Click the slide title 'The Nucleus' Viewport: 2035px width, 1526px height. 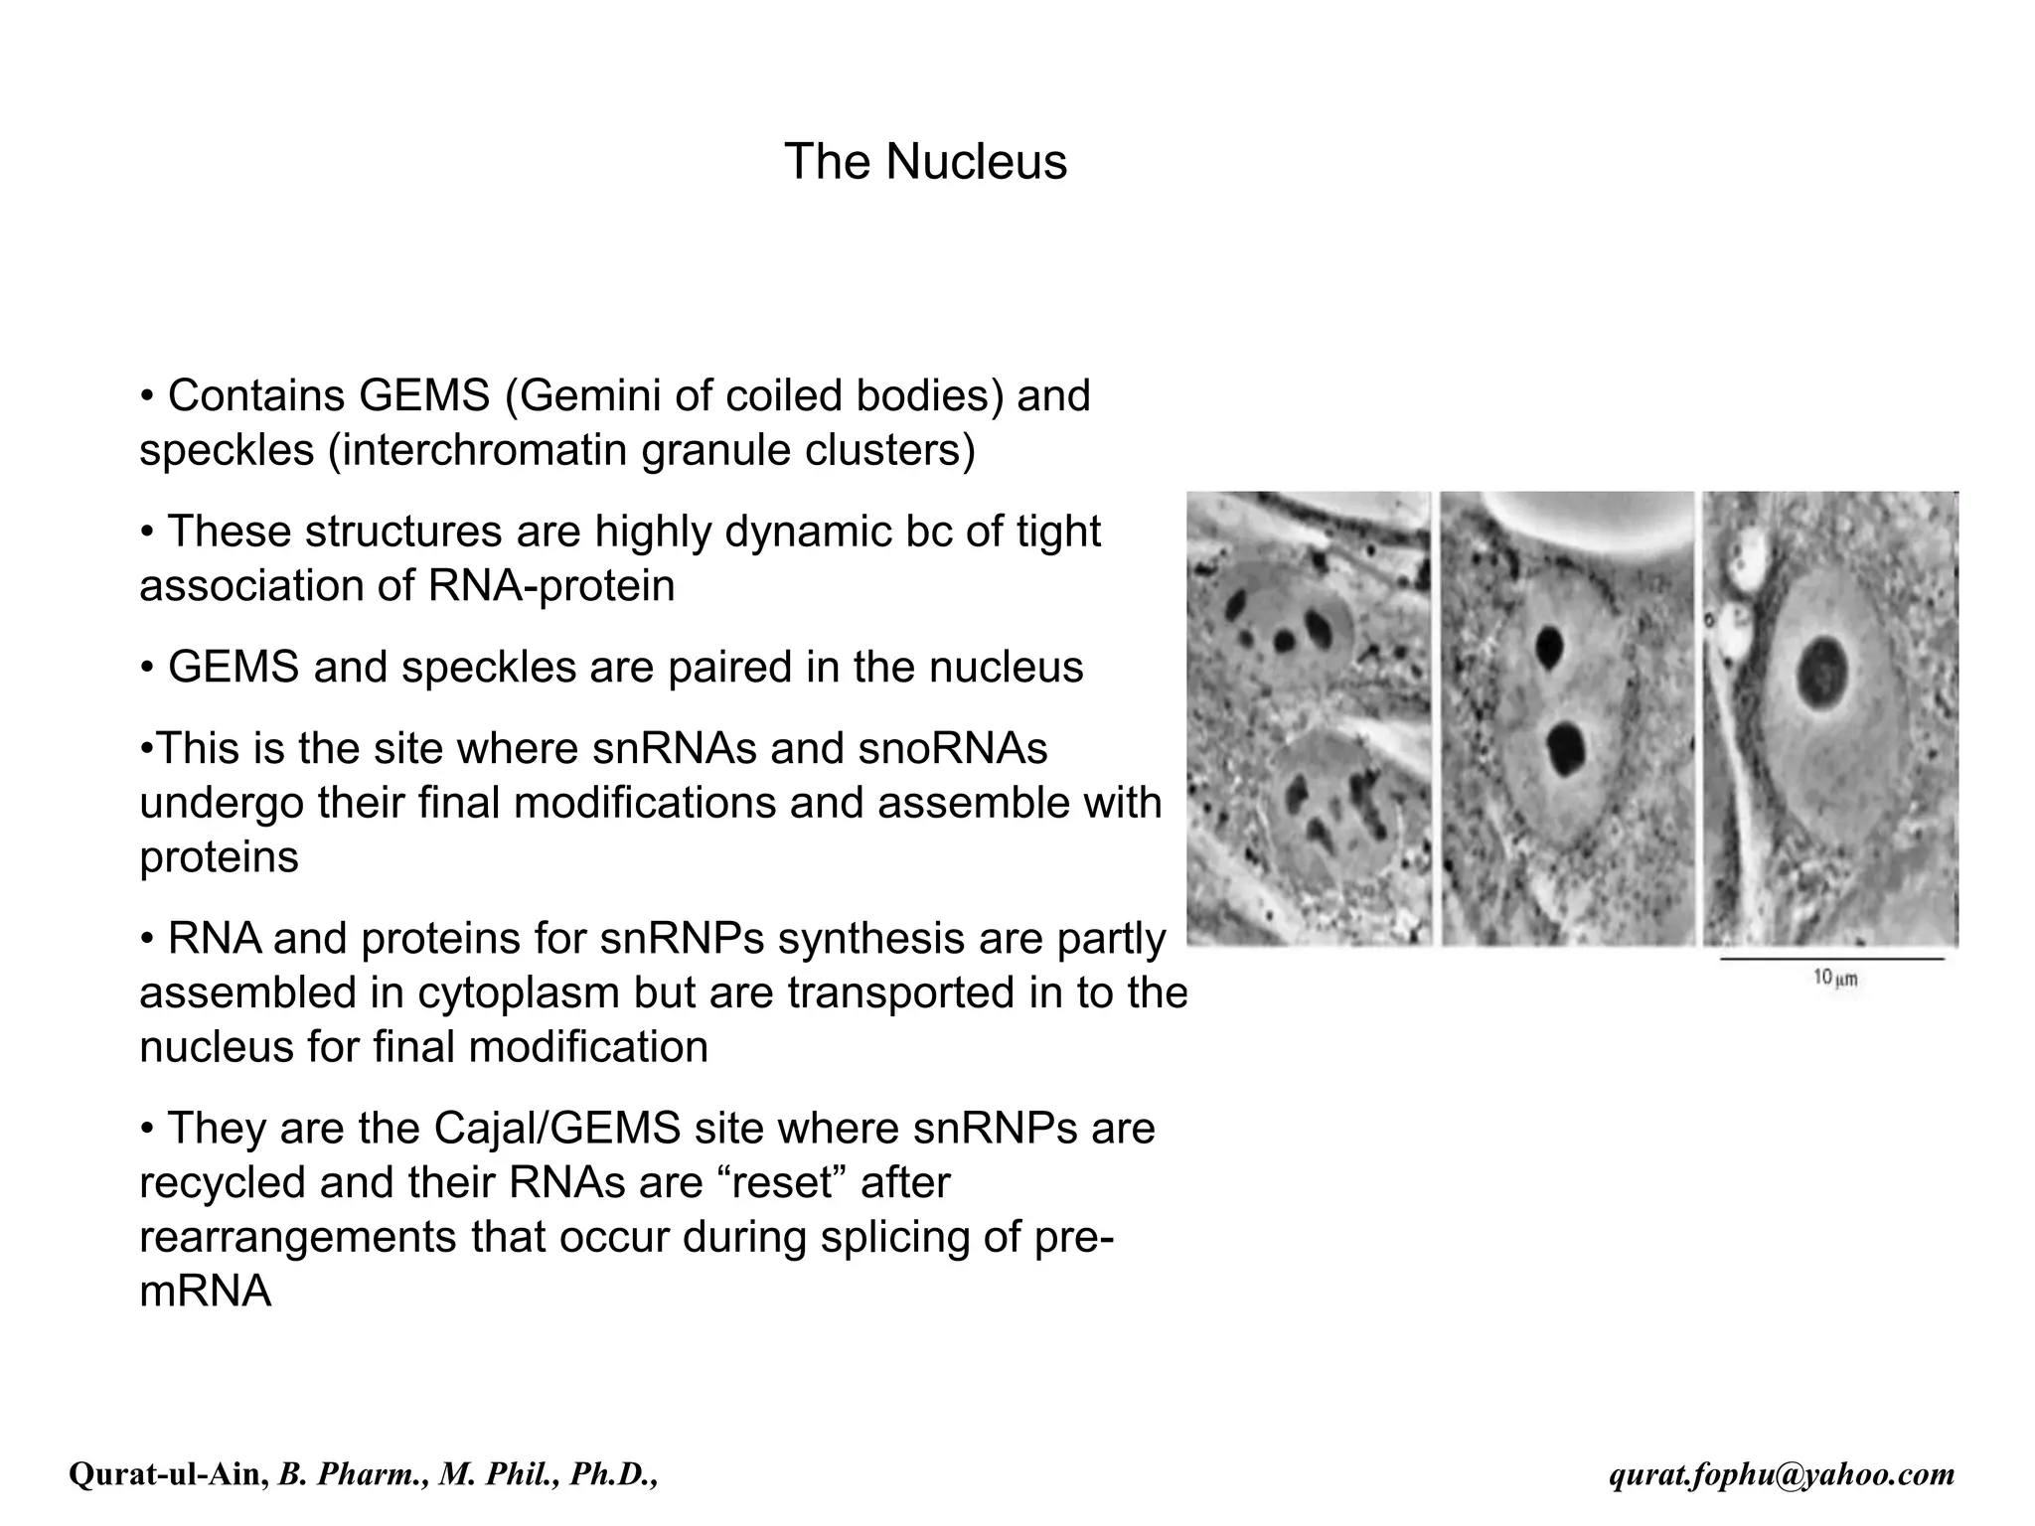click(x=925, y=161)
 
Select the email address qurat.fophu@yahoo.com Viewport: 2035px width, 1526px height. click(x=1782, y=1475)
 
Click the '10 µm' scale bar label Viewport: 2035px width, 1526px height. click(x=1834, y=979)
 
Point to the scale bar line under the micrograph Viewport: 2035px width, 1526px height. click(x=1831, y=960)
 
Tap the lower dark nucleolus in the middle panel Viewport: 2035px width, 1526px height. click(x=1566, y=748)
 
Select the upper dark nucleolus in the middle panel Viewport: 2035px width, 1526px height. click(x=1548, y=647)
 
